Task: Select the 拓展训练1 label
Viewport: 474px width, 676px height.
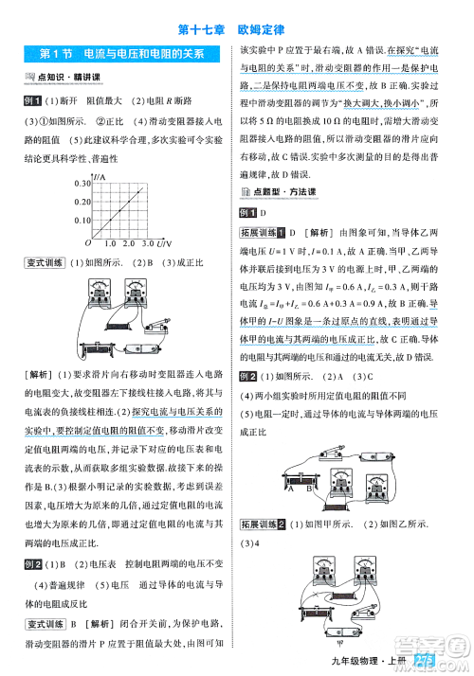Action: point(263,232)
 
